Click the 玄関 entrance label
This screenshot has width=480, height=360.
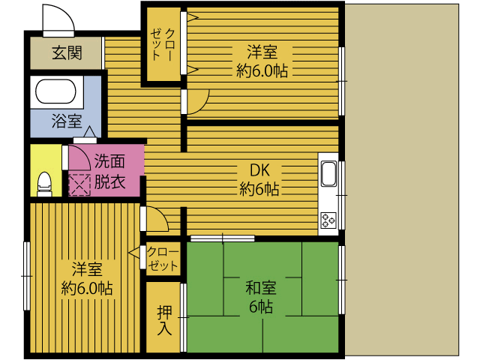click(x=67, y=53)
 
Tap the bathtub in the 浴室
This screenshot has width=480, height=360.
click(x=55, y=91)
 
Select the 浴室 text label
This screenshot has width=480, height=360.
click(x=67, y=121)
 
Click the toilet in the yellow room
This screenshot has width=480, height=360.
click(x=44, y=184)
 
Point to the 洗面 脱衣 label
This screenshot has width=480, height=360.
click(x=109, y=172)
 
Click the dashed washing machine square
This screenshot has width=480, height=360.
click(x=79, y=185)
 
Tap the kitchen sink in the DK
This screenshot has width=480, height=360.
click(x=328, y=174)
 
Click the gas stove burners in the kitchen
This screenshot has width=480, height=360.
click(x=328, y=220)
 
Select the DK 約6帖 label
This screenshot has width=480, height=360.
click(x=259, y=179)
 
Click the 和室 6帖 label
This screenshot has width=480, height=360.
click(x=261, y=297)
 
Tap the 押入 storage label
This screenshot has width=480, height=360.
click(x=164, y=320)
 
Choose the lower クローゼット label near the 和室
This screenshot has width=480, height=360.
click(x=162, y=259)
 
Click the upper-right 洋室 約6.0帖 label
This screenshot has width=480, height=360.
click(x=262, y=61)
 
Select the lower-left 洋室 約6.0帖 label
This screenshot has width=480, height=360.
click(x=87, y=278)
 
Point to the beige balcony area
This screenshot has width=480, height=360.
click(x=402, y=179)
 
